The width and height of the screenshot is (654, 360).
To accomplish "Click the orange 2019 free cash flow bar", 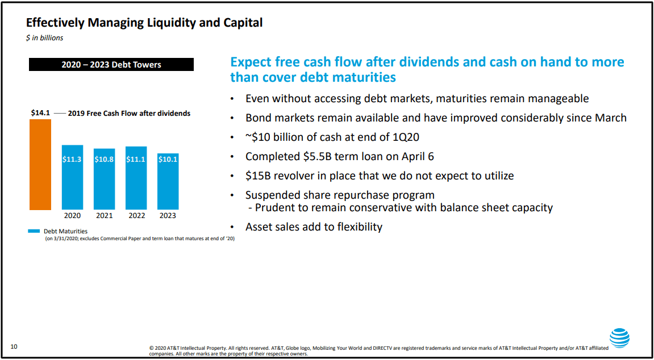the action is pos(40,165).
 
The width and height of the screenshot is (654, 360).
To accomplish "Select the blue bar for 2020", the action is pos(72,177).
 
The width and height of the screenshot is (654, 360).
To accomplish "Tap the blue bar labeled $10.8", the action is pos(105,179).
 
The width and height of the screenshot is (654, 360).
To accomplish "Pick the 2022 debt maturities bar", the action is pos(136,178).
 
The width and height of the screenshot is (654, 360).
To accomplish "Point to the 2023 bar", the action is pos(168,181).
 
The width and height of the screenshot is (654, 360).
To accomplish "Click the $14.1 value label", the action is pos(40,112).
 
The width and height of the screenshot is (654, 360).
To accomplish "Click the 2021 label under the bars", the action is pos(105,216).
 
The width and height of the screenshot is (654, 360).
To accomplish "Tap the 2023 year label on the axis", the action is pos(168,216).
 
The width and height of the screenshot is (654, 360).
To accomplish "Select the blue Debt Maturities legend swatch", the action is pos(34,231).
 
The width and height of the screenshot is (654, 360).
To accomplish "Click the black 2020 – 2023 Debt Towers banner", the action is pos(111,65).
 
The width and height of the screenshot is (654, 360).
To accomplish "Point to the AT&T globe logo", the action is pos(619,338).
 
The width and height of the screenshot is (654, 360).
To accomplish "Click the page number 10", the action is pos(14,346).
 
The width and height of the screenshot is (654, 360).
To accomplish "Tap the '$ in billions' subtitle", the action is pos(45,38).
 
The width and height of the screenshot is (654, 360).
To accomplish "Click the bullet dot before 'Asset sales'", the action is pos(232,228).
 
